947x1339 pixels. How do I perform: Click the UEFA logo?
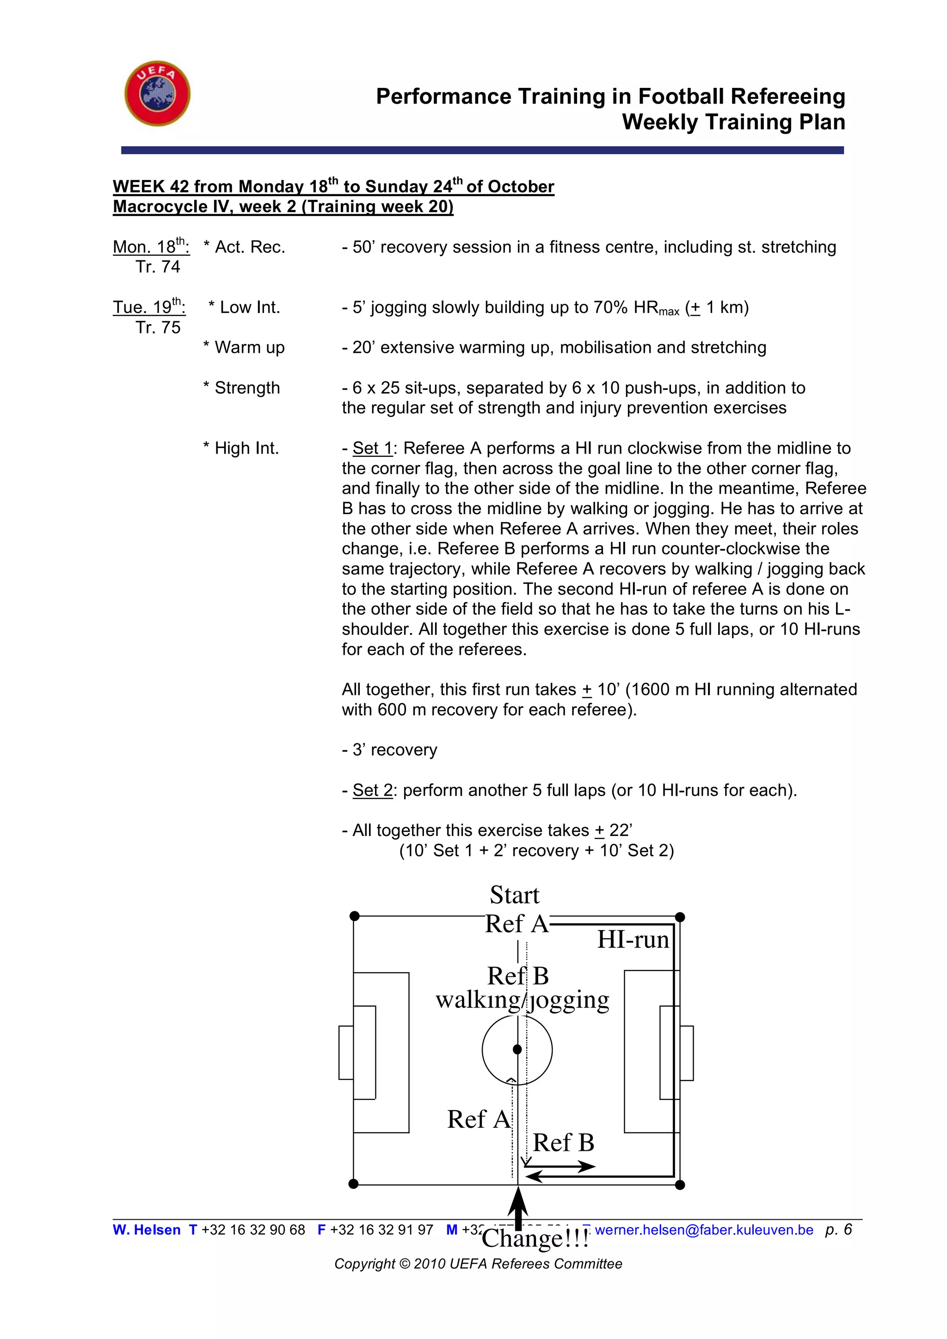(157, 93)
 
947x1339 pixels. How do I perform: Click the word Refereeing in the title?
(788, 96)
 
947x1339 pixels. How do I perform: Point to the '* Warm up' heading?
(244, 348)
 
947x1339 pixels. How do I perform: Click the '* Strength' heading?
(241, 388)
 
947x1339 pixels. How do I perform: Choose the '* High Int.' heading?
(241, 448)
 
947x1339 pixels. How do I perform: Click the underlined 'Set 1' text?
(373, 448)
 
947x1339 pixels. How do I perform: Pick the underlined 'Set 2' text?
(373, 790)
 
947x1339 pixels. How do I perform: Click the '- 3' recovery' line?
(389, 750)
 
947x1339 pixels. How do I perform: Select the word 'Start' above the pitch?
(514, 895)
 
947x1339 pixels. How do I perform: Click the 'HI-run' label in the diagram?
(633, 940)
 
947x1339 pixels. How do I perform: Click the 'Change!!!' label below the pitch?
(535, 1239)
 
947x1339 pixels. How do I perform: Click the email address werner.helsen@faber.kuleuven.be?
(704, 1230)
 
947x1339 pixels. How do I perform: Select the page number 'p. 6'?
(838, 1229)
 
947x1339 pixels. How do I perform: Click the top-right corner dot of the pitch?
(679, 917)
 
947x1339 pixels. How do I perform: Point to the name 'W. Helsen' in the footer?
(147, 1230)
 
